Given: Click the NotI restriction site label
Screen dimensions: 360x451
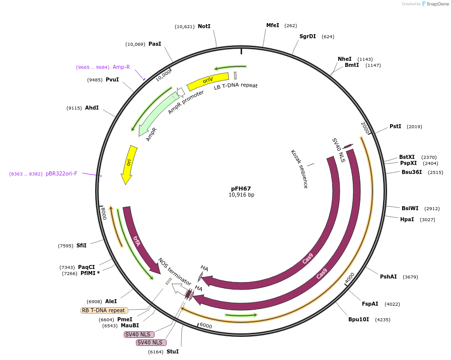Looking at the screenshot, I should point(204,26).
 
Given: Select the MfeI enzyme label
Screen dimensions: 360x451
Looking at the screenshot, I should point(272,25).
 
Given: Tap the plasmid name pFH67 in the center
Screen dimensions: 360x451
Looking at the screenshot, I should point(241,189).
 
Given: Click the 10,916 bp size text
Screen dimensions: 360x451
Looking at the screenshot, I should point(241,195).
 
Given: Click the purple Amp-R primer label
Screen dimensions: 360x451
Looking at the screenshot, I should point(121,67).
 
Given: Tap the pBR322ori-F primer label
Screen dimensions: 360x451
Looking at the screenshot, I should point(61,173).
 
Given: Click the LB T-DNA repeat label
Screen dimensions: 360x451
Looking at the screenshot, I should point(236,86).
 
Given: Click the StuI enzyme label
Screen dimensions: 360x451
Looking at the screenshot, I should point(173,351).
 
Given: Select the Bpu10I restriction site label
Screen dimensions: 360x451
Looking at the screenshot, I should point(358,319).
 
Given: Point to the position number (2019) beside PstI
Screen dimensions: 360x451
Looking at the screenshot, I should point(414,127).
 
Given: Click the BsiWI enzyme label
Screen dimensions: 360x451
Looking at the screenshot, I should point(410,208).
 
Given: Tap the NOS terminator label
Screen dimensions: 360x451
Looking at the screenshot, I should point(175,272).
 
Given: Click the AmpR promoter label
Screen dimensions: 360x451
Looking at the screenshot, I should point(186,102).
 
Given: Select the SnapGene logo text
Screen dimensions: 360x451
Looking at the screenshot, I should point(436,4).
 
